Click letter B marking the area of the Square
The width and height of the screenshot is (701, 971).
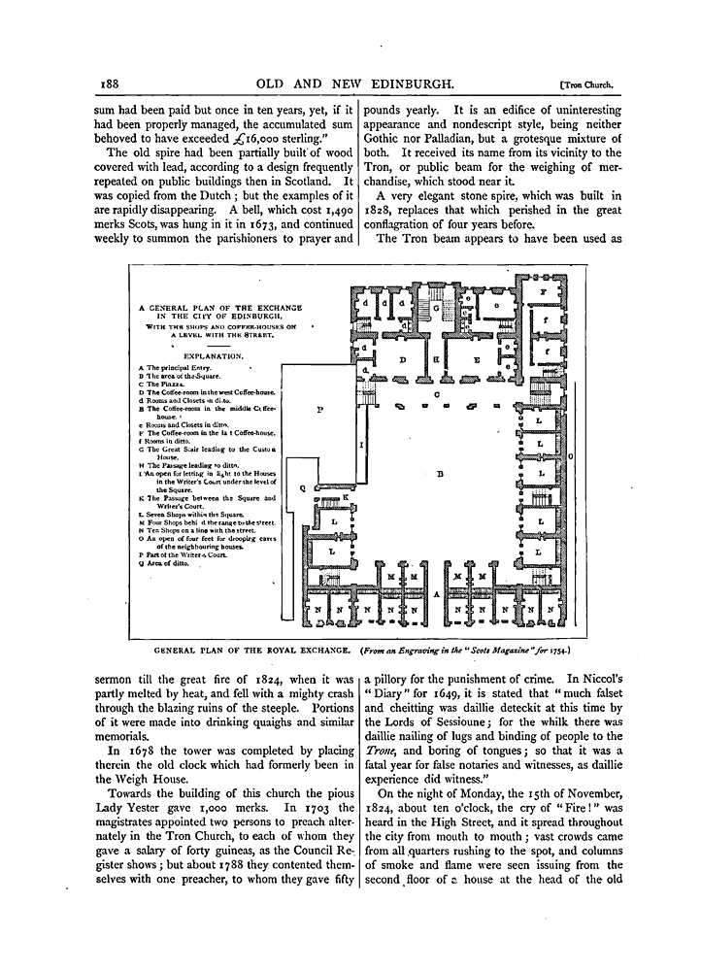(440, 475)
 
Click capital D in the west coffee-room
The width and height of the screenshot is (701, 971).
(401, 359)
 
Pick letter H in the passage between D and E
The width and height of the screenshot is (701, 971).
(437, 359)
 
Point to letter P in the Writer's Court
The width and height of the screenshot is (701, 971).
(319, 410)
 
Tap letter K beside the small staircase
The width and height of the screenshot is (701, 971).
(345, 496)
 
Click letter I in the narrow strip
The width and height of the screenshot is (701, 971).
(361, 444)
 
